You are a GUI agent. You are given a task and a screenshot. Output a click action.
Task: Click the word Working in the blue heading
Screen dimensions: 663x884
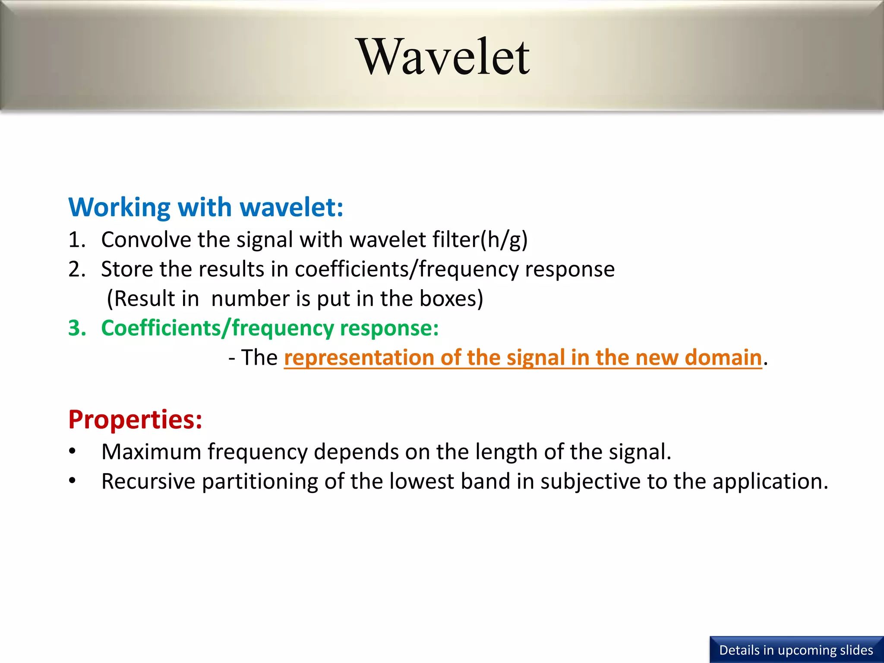click(119, 207)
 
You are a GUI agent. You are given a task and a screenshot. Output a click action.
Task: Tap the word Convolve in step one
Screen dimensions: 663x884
click(145, 240)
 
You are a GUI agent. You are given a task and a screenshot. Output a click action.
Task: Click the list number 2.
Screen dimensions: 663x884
click(76, 269)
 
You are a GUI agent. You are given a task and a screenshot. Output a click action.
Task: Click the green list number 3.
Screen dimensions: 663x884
click(77, 328)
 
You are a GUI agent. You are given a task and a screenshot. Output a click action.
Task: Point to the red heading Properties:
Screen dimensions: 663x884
click(135, 420)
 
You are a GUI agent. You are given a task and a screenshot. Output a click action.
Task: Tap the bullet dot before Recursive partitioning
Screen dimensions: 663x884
click(73, 480)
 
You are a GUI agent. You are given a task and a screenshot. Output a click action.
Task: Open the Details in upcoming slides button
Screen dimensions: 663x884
click(796, 650)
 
